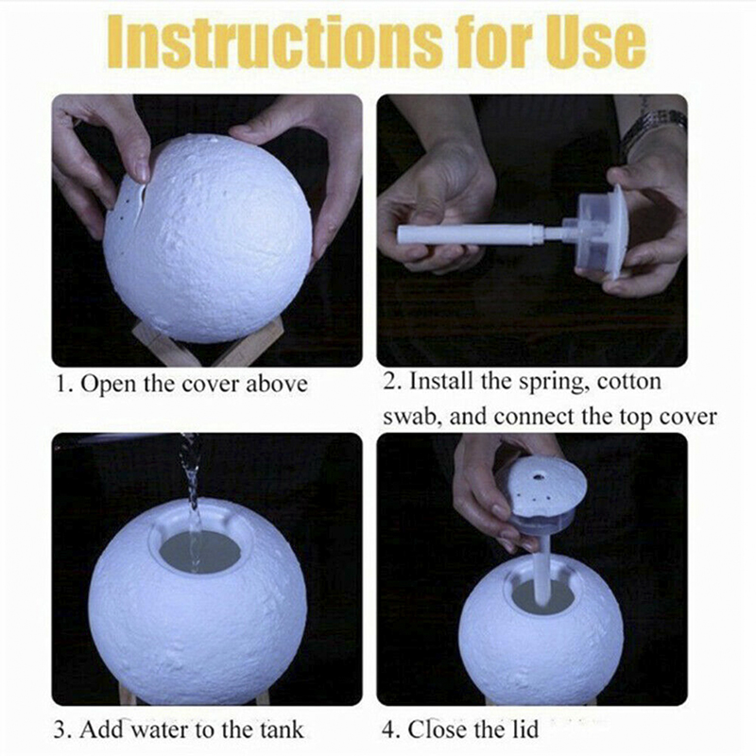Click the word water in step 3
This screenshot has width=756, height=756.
pyautogui.click(x=161, y=729)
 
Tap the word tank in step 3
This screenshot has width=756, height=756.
pyautogui.click(x=283, y=729)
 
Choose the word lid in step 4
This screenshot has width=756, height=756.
pyautogui.click(x=524, y=728)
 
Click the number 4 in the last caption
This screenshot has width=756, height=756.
pyautogui.click(x=388, y=729)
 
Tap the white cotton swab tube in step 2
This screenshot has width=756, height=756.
pyautogui.click(x=472, y=233)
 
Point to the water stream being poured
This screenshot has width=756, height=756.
pyautogui.click(x=192, y=502)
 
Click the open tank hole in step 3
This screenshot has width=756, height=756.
pyautogui.click(x=200, y=551)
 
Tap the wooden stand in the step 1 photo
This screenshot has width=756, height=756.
pyautogui.click(x=206, y=342)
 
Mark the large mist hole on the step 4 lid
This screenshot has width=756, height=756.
pyautogui.click(x=538, y=477)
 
